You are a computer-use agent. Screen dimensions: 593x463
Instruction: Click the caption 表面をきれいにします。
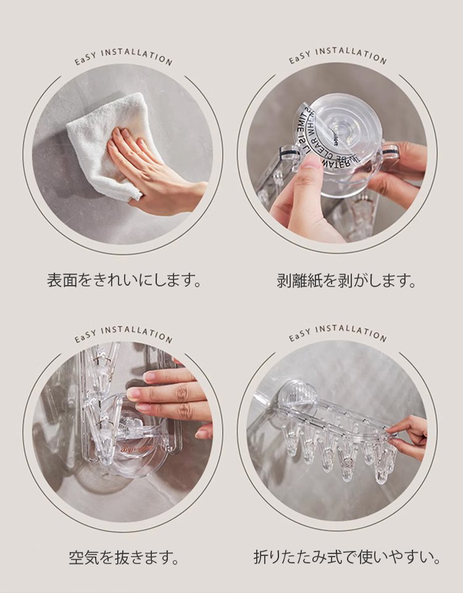[124, 280]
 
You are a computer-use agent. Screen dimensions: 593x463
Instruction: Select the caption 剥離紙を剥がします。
[346, 280]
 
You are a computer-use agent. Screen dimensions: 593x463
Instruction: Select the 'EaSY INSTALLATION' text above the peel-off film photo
[338, 57]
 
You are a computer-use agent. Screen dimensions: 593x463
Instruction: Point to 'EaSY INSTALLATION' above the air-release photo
[123, 334]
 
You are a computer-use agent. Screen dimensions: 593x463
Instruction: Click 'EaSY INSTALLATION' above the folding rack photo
[338, 334]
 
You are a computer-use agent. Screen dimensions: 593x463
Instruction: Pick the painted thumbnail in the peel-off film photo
[312, 162]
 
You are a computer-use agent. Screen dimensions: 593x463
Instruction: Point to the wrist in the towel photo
[194, 191]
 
